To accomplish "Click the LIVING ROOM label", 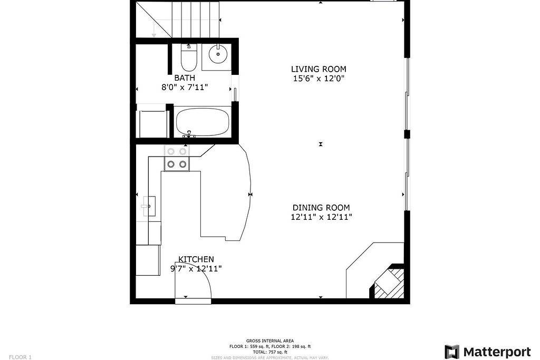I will click(x=319, y=69).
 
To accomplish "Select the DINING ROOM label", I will click(x=321, y=208).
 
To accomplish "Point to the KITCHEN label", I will click(x=196, y=259).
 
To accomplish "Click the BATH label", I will click(x=185, y=78).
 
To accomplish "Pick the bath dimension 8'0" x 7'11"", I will click(x=185, y=87).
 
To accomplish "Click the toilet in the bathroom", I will click(x=188, y=58).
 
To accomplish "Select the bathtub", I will click(x=202, y=122).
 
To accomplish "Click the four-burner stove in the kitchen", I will click(x=177, y=158).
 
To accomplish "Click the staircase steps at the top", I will click(x=195, y=18).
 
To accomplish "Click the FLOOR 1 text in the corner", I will click(x=20, y=357).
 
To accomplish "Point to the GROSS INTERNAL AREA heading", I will click(x=269, y=341).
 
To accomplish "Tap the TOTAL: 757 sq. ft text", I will click(x=269, y=352).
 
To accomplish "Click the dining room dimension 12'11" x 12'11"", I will click(x=321, y=217).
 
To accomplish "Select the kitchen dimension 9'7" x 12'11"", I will click(x=196, y=269).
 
